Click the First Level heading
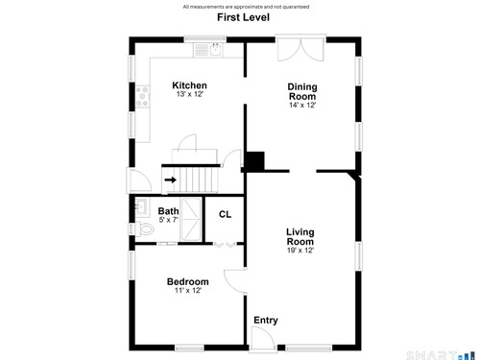coord(243,17)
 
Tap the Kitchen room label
coord(189,85)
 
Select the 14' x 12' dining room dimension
coord(302,105)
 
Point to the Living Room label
coord(300,237)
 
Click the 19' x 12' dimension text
coord(300,251)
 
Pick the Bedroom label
coord(188,281)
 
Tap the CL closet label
coord(225,214)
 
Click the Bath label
coord(168,211)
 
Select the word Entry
coord(266,321)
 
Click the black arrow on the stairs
coord(171,180)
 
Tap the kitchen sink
coord(216,50)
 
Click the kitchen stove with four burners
coord(142,96)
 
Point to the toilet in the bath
coord(145,228)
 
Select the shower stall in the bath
coord(191,219)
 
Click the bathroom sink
coord(141,206)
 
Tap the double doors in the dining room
coord(300,49)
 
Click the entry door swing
coord(264,339)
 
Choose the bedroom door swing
coord(235,281)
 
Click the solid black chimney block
coord(254,161)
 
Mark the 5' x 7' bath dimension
coord(168,220)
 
